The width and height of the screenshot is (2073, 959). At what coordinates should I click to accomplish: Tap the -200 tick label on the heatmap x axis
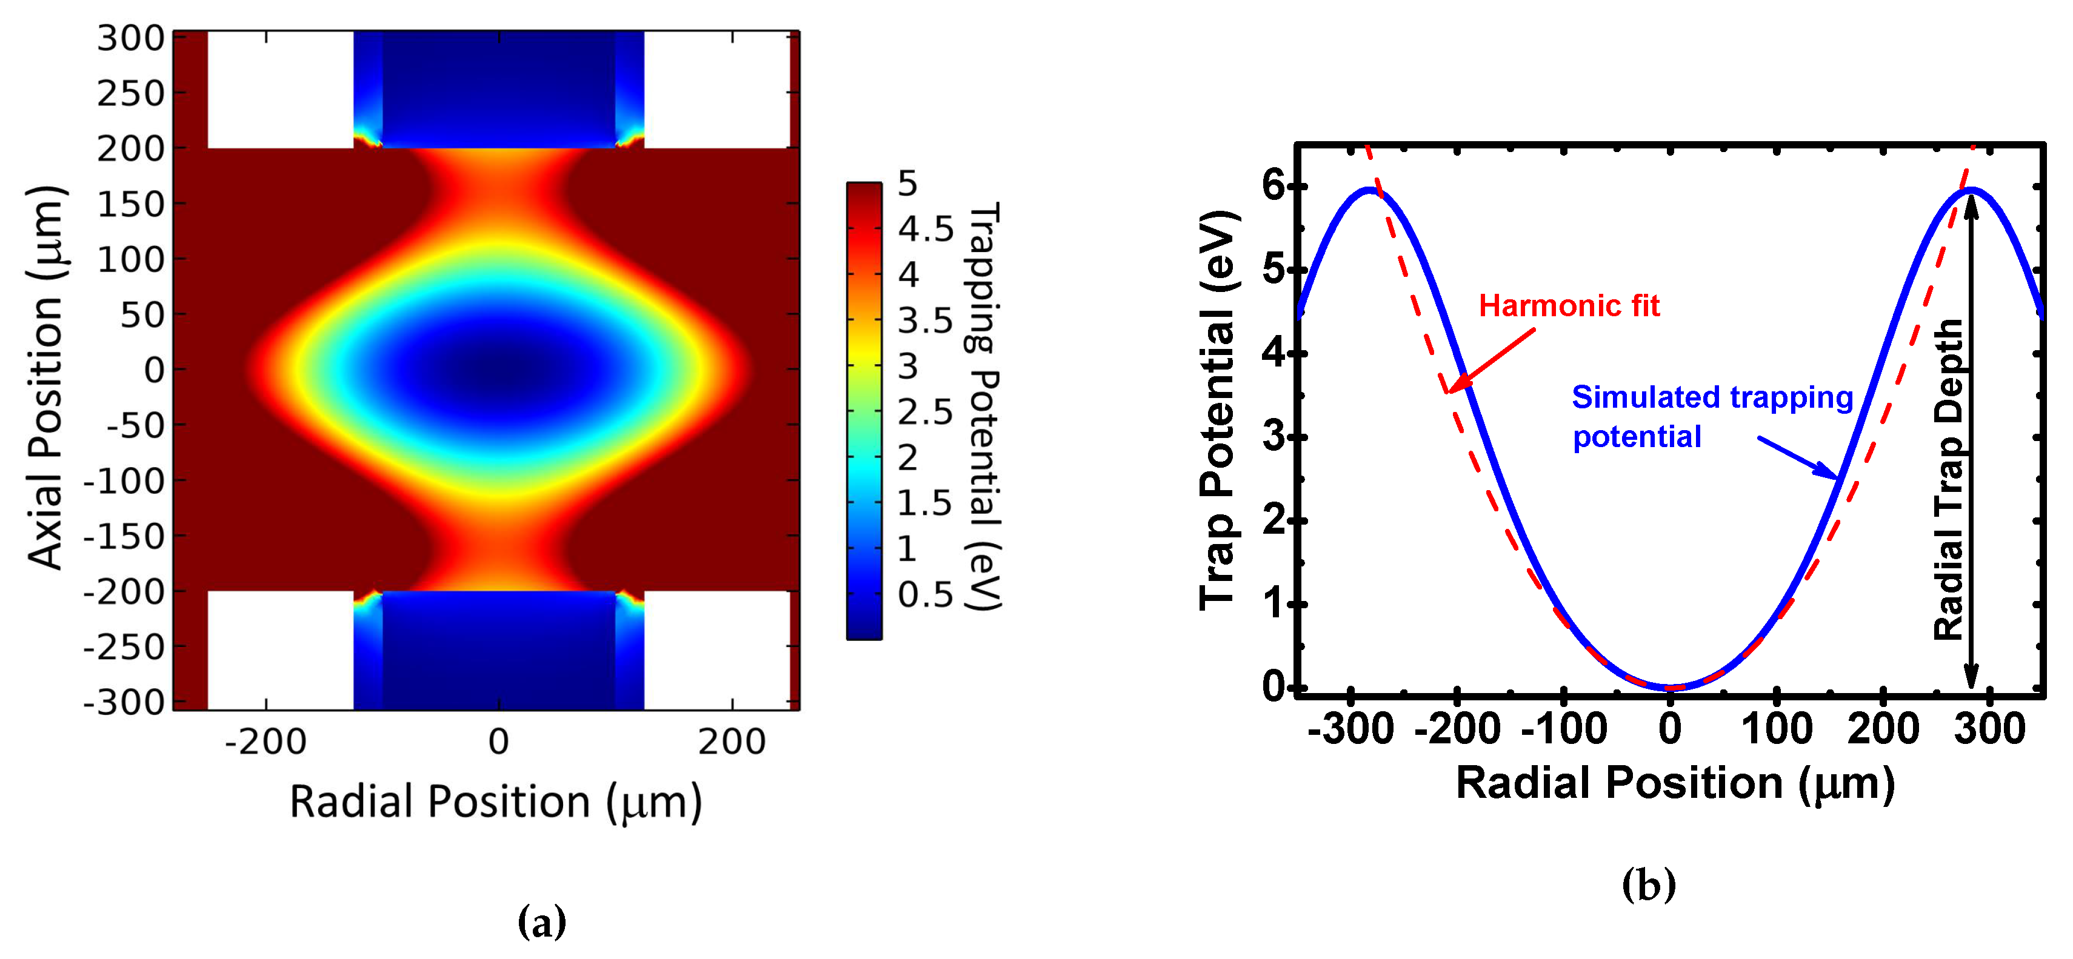265,741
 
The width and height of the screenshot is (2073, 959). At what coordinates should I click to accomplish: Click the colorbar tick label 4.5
926,229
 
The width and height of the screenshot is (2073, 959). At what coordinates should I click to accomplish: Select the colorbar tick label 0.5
926,594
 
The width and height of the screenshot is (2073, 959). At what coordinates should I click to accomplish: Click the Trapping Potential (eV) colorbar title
983,406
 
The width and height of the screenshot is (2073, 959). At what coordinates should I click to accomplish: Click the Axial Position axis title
46,377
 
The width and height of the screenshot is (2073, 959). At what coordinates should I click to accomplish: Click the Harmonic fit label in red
1569,306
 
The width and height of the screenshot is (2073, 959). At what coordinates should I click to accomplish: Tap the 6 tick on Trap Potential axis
1275,186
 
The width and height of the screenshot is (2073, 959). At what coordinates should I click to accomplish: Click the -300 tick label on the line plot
1350,729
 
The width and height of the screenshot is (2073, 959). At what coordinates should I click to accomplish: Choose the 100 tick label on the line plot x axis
1776,729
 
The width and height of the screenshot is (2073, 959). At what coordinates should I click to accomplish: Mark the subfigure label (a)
542,922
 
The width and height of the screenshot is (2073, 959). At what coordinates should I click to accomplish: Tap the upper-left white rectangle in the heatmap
280,89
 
